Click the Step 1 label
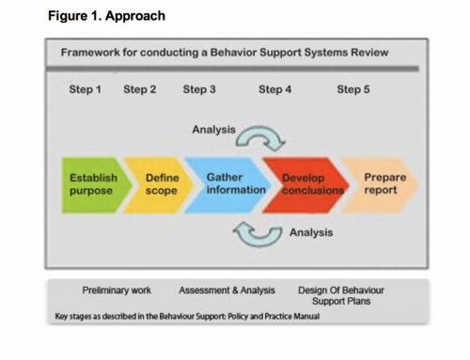click(x=85, y=89)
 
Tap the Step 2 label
click(x=140, y=89)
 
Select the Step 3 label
click(x=199, y=89)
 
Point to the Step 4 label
click(x=274, y=89)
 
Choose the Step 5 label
click(x=353, y=89)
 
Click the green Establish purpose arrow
click(x=94, y=185)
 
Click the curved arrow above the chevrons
click(x=260, y=129)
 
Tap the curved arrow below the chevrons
click(x=258, y=242)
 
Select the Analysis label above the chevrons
click(x=213, y=130)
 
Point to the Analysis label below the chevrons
click(x=311, y=232)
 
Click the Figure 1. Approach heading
click(x=106, y=16)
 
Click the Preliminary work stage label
click(x=117, y=290)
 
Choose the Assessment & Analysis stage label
click(x=227, y=290)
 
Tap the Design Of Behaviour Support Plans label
click(x=341, y=296)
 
